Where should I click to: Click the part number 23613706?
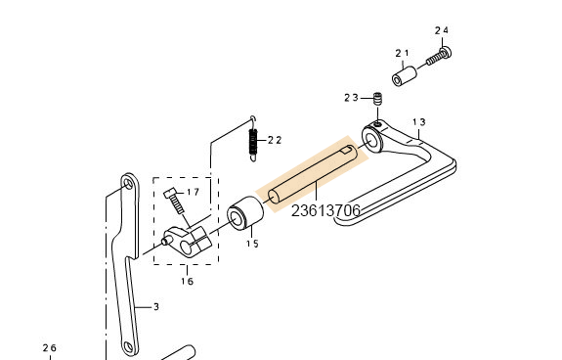pyautogui.click(x=325, y=210)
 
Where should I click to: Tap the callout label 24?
pyautogui.click(x=441, y=30)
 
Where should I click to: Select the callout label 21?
pyautogui.click(x=402, y=53)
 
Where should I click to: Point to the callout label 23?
pyautogui.click(x=351, y=97)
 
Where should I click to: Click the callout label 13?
pyautogui.click(x=418, y=122)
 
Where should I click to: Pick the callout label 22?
pyautogui.click(x=275, y=140)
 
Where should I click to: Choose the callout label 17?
pyautogui.click(x=193, y=192)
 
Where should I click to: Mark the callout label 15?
pyautogui.click(x=251, y=244)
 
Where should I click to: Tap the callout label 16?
pyautogui.click(x=187, y=281)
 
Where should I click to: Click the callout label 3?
pyautogui.click(x=154, y=306)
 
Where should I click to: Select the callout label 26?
pyautogui.click(x=50, y=348)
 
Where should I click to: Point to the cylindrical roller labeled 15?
pyautogui.click(x=245, y=216)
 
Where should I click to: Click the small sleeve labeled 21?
pyautogui.click(x=405, y=75)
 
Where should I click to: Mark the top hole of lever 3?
pyautogui.click(x=127, y=183)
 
